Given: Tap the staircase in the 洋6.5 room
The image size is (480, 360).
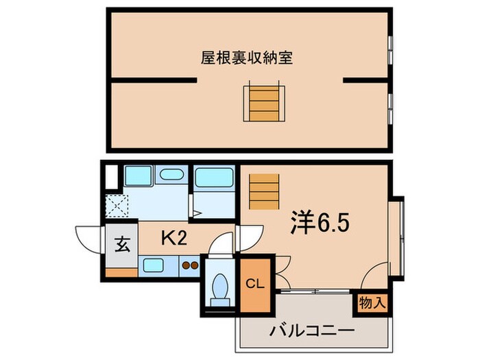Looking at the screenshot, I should click(264, 190).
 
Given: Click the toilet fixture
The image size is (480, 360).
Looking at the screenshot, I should click(221, 283).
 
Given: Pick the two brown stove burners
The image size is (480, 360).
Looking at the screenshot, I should click(190, 265).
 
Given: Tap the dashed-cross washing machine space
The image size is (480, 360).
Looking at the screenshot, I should click(117, 206).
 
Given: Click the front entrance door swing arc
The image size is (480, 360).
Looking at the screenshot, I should click(90, 240).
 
